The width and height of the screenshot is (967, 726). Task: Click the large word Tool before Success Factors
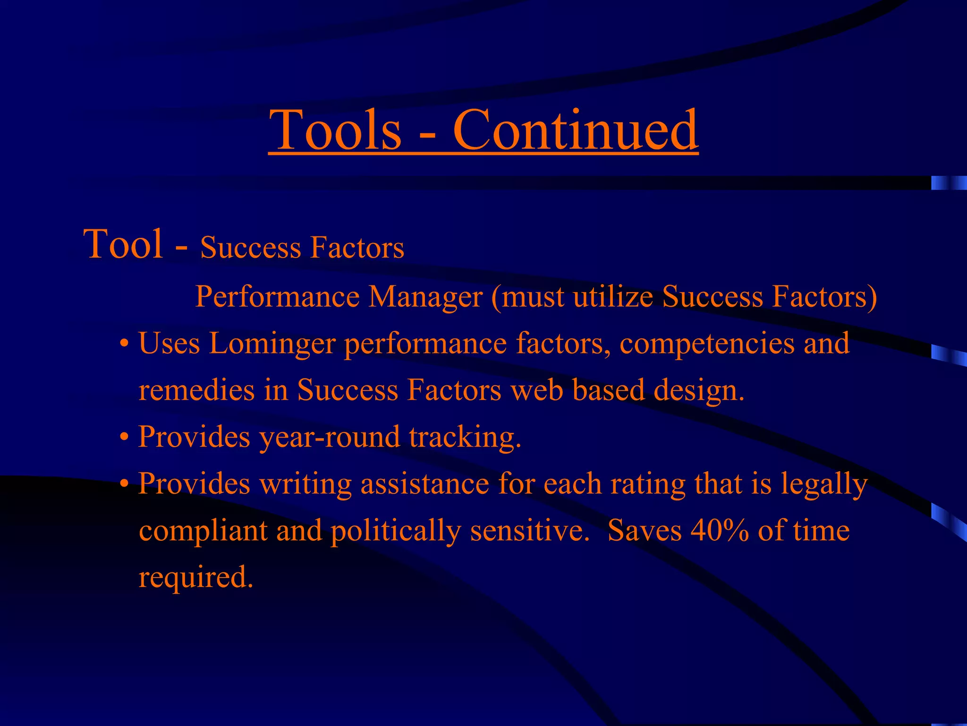tap(123, 244)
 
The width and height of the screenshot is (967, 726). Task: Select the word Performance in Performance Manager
tap(277, 297)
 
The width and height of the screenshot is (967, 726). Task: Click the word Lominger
tap(272, 344)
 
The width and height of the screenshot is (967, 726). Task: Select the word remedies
tap(196, 390)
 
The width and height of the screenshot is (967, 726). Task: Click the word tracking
tap(465, 437)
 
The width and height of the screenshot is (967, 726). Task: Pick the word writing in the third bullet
tap(305, 484)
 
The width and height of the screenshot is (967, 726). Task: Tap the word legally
tap(824, 484)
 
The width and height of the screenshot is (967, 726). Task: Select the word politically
tap(396, 531)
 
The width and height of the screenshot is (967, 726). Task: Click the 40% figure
tap(720, 530)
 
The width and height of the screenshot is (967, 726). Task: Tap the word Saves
tap(645, 530)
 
